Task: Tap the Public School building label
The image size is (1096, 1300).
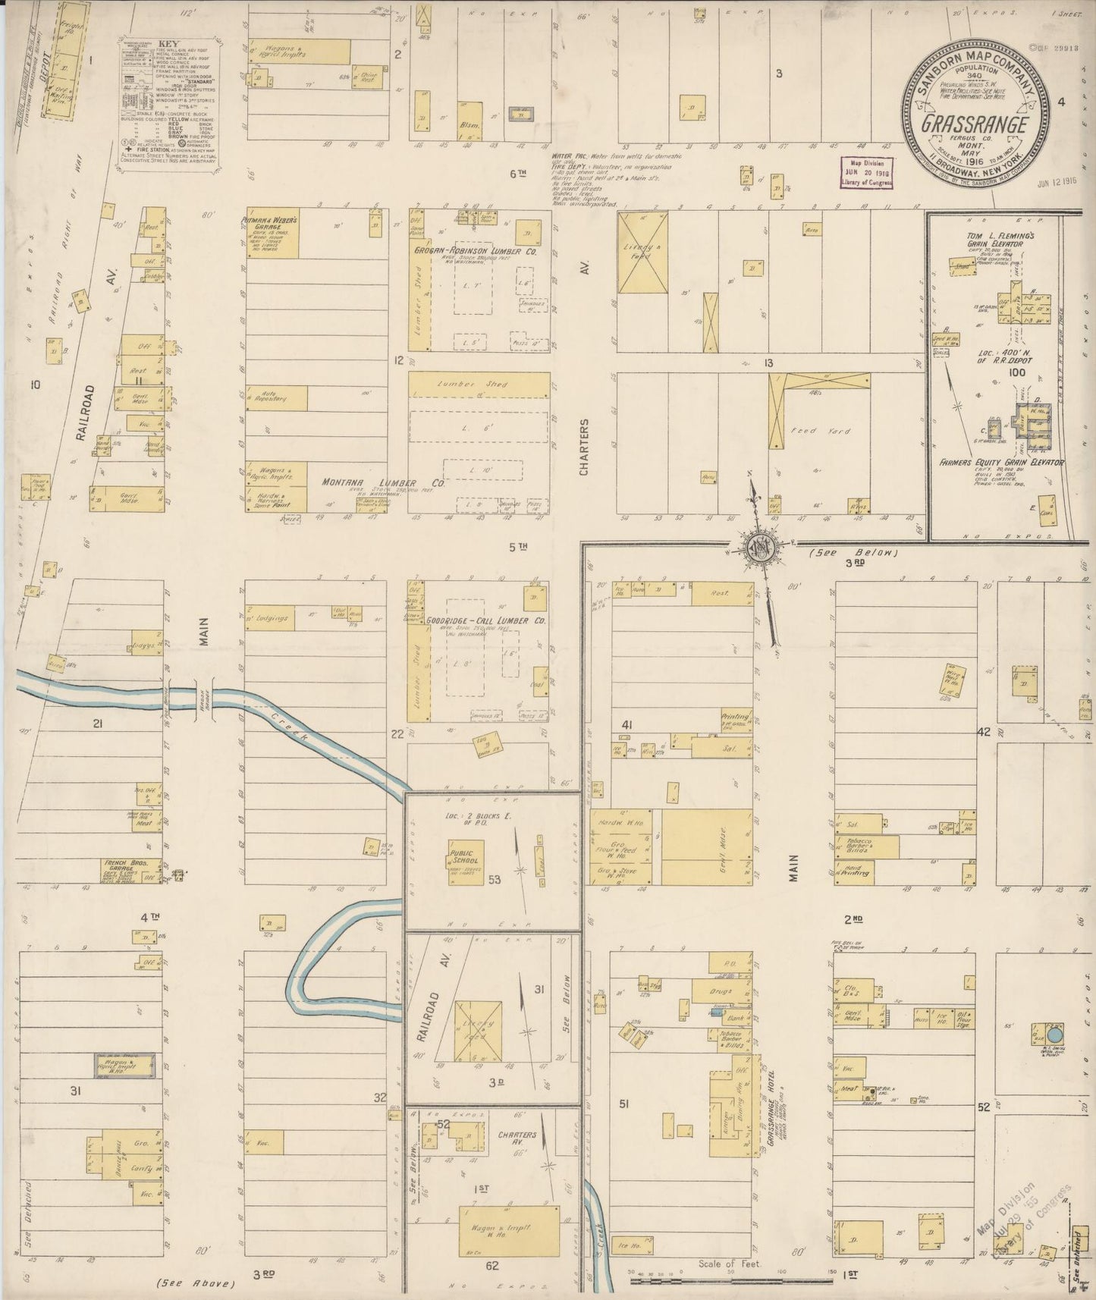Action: pos(463,856)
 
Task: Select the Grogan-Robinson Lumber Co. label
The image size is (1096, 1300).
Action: pos(475,251)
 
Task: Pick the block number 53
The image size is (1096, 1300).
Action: pos(495,880)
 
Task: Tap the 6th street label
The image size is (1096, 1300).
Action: pos(517,174)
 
